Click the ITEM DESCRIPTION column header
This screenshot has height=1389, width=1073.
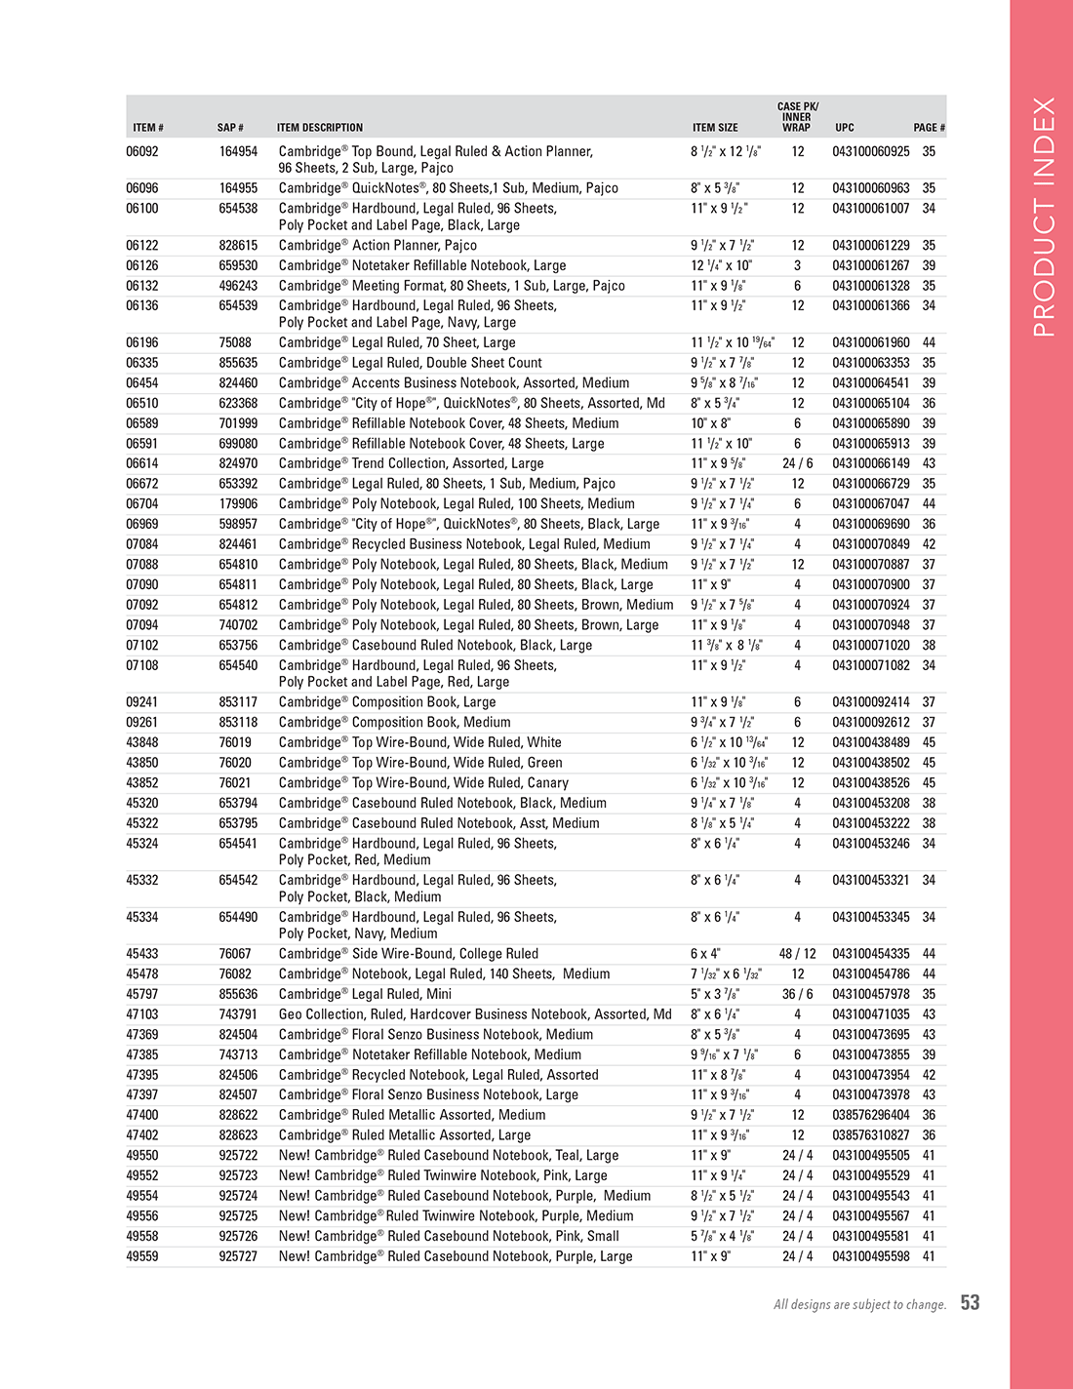tap(320, 128)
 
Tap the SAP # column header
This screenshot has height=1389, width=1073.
tap(230, 128)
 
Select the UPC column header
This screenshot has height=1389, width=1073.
tap(844, 128)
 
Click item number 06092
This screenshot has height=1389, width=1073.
tap(142, 151)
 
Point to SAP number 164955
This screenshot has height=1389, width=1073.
tap(238, 188)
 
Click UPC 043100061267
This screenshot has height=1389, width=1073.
tap(870, 265)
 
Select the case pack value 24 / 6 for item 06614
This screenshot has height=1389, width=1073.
tap(797, 463)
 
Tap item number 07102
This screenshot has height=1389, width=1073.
tap(142, 645)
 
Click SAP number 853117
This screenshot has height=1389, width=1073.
tap(238, 702)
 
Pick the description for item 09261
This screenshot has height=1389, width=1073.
tap(394, 723)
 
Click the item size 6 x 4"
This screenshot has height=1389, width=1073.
tap(705, 954)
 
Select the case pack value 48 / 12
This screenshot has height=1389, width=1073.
tap(797, 954)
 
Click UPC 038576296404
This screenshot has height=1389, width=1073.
tap(870, 1115)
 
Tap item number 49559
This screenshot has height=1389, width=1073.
tap(142, 1256)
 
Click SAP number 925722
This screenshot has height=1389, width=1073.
tap(238, 1156)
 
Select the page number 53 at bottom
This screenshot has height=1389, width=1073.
tap(970, 1302)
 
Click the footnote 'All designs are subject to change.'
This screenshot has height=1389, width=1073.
tap(859, 1305)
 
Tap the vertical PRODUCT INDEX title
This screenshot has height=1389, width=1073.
tap(1043, 217)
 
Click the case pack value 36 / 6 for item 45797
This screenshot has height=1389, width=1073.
tap(797, 994)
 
